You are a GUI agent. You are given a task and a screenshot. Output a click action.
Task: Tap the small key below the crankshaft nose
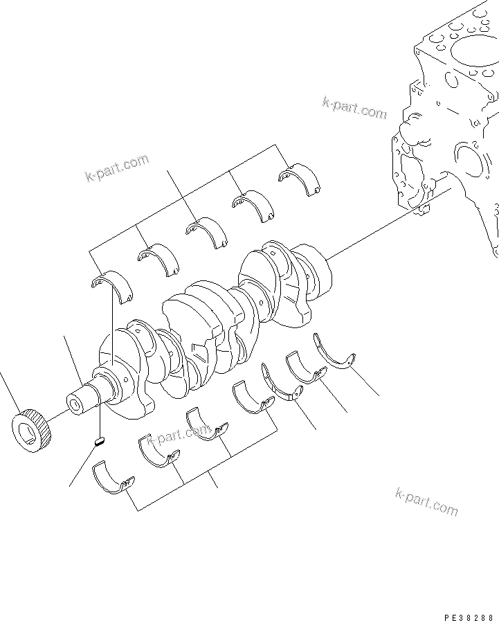click(x=99, y=440)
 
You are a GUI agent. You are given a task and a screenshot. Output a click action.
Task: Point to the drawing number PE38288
click(x=470, y=615)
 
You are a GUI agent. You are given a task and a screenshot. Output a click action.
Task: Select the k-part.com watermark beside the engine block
click(x=354, y=107)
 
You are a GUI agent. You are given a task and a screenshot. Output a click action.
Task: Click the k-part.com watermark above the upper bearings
click(x=117, y=169)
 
